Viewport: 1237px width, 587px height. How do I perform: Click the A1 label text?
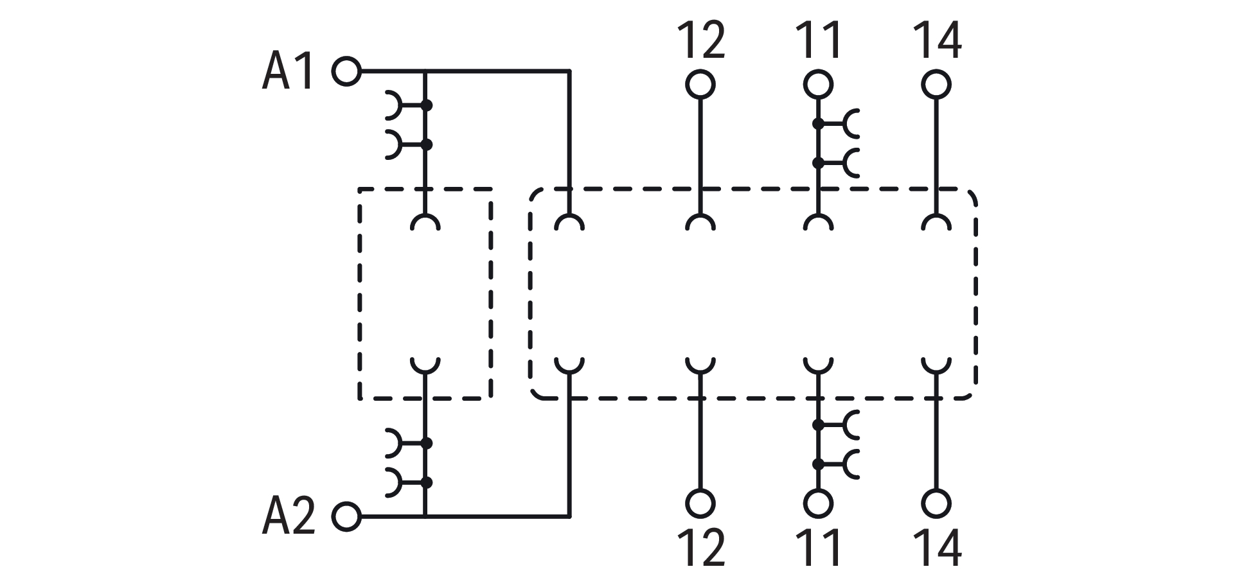click(288, 71)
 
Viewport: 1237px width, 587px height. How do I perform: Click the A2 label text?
click(288, 516)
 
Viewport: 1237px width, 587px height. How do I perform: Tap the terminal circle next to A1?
click(346, 71)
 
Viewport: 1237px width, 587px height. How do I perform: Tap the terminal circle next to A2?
click(346, 516)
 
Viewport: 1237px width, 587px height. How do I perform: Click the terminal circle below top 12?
click(700, 84)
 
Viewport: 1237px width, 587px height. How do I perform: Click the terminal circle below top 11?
click(818, 84)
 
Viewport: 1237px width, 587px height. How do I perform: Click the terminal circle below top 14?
click(936, 84)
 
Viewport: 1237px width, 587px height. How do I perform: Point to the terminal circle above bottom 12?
click(700, 503)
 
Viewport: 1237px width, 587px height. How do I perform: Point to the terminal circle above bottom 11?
click(818, 503)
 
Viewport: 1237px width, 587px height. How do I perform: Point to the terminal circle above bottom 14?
click(936, 503)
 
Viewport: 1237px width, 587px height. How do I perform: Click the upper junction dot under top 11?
click(818, 123)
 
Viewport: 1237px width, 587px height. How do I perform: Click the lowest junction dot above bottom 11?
click(818, 463)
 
